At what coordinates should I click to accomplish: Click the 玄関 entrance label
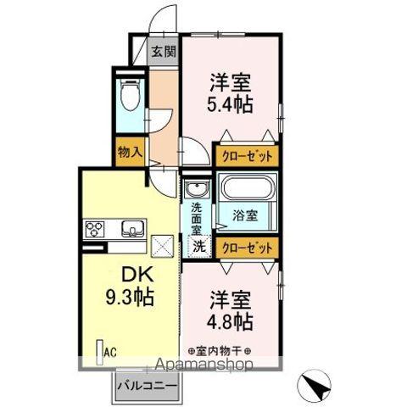[164, 52]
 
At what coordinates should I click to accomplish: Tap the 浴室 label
[245, 215]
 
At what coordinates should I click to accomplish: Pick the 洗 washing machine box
[198, 248]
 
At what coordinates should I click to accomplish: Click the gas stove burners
[95, 229]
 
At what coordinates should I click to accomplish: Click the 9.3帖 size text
[131, 298]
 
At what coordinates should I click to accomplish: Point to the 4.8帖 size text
[231, 323]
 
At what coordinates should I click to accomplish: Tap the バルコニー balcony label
[147, 385]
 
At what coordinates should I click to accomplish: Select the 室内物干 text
[218, 350]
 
